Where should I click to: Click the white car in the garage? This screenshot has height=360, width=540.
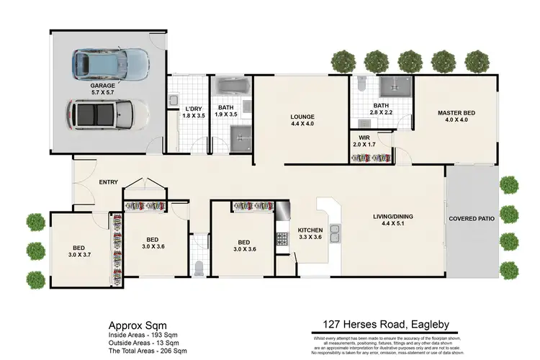[108, 113]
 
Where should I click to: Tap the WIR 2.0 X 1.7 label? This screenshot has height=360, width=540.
[364, 140]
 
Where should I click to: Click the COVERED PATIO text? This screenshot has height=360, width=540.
[472, 218]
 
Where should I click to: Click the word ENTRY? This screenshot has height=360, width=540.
[109, 182]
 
